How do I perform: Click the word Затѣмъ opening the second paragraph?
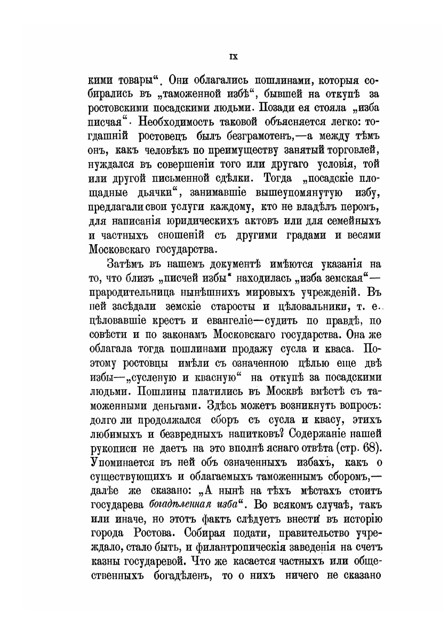coord(127,264)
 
